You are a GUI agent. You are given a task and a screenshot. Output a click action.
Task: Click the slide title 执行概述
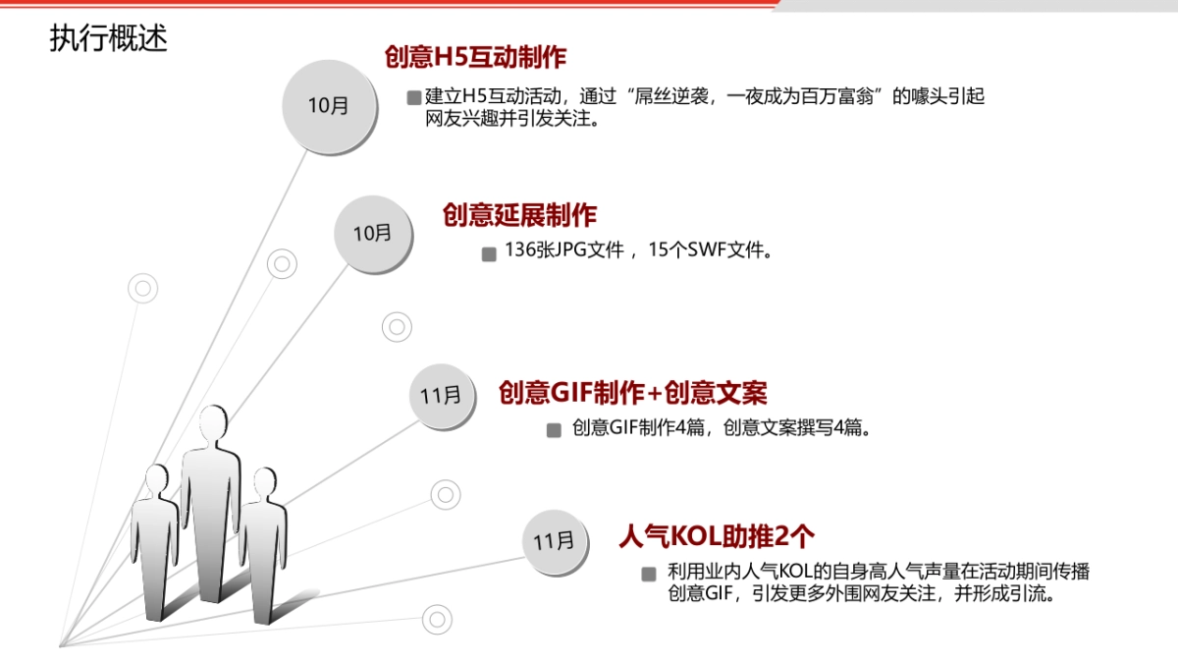tap(109, 38)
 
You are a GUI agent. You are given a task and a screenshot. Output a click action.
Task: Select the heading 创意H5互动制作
tap(475, 57)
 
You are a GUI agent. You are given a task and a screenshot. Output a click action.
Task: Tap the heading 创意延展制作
tap(519, 214)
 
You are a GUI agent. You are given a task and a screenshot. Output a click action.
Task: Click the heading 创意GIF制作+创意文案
tap(632, 393)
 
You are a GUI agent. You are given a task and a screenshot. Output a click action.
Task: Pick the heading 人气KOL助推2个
tap(717, 535)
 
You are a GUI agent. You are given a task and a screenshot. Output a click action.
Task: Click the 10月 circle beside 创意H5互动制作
tap(328, 105)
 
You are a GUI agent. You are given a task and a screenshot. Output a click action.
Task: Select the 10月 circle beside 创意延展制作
tap(372, 234)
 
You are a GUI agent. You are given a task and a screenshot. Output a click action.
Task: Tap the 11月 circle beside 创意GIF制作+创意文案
tap(440, 396)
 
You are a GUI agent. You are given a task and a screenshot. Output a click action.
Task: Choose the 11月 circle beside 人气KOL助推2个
tap(554, 541)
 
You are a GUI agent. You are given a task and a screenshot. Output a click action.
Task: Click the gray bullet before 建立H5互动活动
tap(413, 98)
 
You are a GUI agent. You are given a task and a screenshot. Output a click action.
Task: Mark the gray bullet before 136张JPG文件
tap(489, 253)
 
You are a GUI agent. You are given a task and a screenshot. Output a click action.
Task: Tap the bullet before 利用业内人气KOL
tap(649, 574)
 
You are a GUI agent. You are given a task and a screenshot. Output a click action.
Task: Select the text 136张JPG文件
tap(564, 250)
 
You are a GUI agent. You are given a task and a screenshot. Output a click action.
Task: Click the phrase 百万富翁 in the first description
tap(833, 97)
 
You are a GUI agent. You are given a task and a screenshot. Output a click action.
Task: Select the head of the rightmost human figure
tap(264, 482)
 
